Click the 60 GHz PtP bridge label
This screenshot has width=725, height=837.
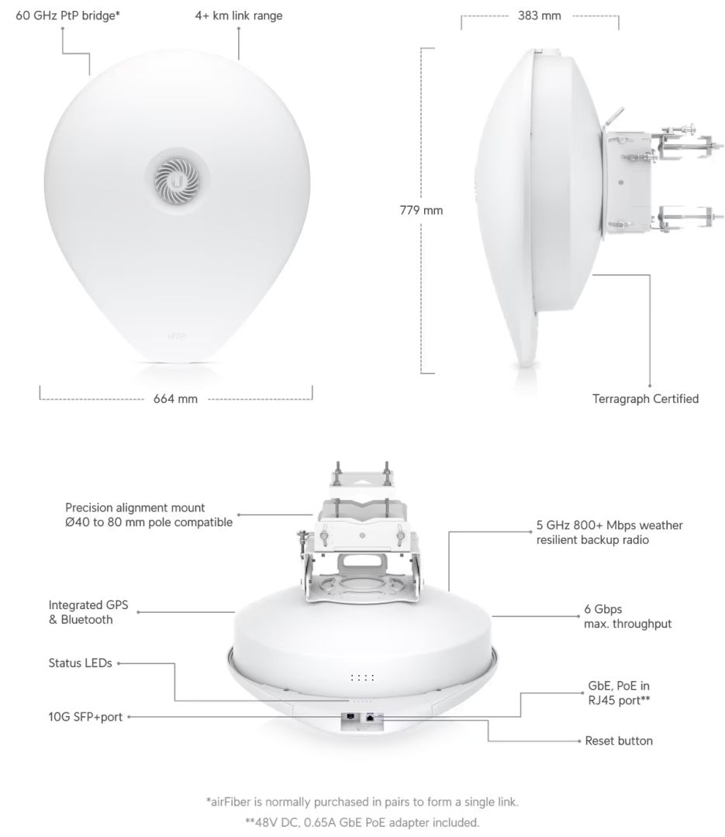click(68, 15)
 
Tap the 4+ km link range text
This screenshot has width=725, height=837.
click(239, 15)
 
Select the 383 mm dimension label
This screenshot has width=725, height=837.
click(540, 15)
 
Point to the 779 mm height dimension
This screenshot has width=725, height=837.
click(421, 210)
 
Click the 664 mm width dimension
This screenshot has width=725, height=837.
click(175, 399)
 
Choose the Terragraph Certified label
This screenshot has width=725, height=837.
click(645, 399)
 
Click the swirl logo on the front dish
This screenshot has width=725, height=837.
click(178, 178)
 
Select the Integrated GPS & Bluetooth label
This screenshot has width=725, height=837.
click(86, 612)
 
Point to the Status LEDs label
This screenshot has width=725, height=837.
click(80, 663)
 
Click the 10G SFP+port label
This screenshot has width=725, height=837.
click(85, 717)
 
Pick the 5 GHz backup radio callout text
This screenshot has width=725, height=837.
click(609, 532)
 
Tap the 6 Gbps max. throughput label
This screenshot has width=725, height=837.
click(627, 616)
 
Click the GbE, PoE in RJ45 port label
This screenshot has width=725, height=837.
click(619, 693)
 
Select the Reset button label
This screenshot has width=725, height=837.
click(619, 741)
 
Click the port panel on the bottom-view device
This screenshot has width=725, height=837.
click(362, 718)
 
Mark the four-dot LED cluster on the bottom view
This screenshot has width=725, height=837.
click(362, 678)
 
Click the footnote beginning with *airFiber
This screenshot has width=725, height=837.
click(362, 801)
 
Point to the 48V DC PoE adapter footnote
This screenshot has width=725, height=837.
click(362, 821)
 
